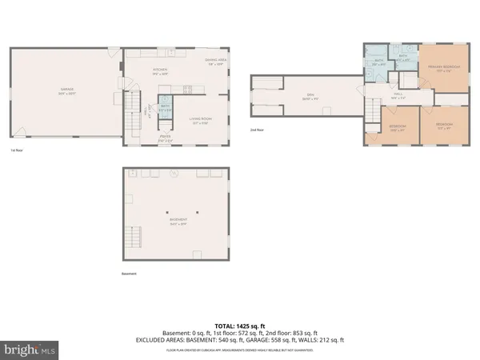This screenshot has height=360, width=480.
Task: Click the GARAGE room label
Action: coord(66,90)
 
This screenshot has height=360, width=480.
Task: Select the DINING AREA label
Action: coord(214,61)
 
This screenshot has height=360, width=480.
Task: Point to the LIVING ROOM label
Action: coord(199,121)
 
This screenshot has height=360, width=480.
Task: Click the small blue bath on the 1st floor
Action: coord(165,109)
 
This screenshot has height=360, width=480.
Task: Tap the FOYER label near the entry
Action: coord(166,137)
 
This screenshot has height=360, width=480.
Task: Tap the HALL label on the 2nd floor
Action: coord(398,96)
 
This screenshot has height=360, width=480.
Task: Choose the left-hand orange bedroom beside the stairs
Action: coord(386,128)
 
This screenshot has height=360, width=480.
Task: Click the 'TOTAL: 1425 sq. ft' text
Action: coord(239,326)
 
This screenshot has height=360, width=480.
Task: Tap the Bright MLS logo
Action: coord(30,349)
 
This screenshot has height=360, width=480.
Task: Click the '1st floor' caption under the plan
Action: coord(16,150)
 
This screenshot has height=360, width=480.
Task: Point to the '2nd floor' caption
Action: coord(257,130)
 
